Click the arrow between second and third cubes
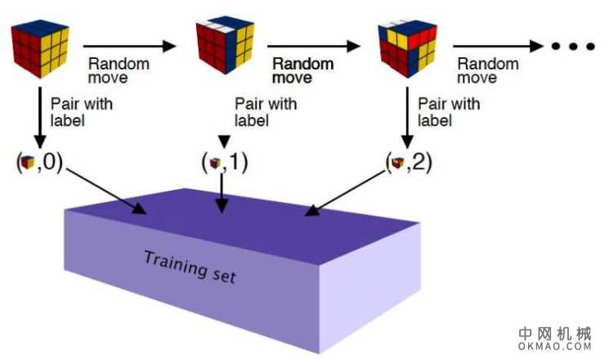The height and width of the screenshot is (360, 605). tap(314, 47)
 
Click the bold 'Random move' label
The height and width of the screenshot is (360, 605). tap(302, 71)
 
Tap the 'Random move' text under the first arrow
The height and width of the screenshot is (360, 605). tap(119, 71)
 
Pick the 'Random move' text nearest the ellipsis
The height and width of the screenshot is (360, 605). tap(487, 71)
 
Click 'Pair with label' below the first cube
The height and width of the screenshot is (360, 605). tap(80, 111)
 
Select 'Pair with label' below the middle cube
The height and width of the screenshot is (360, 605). tap(263, 111)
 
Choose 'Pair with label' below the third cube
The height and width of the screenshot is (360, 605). tap(448, 111)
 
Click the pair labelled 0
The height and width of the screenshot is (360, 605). tap(39, 162)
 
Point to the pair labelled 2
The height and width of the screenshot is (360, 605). tap(408, 162)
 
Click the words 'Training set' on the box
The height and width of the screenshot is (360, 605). tap(190, 268)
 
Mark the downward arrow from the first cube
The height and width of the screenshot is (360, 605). tap(39, 115)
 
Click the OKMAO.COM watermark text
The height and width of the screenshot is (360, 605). tap(553, 347)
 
